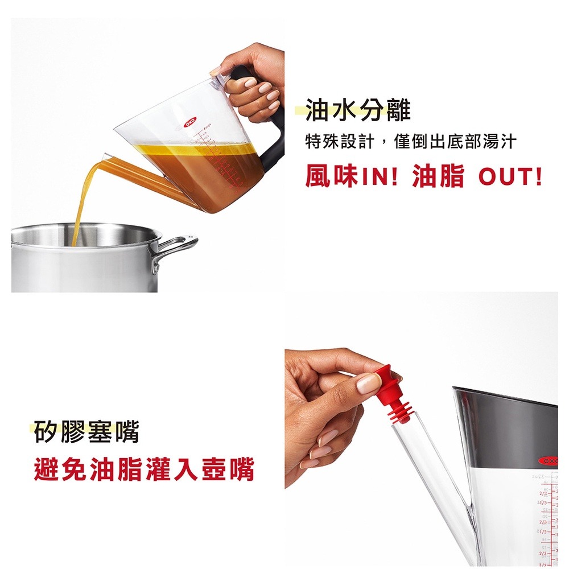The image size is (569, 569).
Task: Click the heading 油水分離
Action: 358,110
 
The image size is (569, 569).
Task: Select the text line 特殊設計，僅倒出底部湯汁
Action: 410,141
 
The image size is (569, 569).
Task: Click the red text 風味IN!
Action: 351,177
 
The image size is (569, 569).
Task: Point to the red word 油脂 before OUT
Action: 439,177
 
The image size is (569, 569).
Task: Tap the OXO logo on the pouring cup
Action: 189,121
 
